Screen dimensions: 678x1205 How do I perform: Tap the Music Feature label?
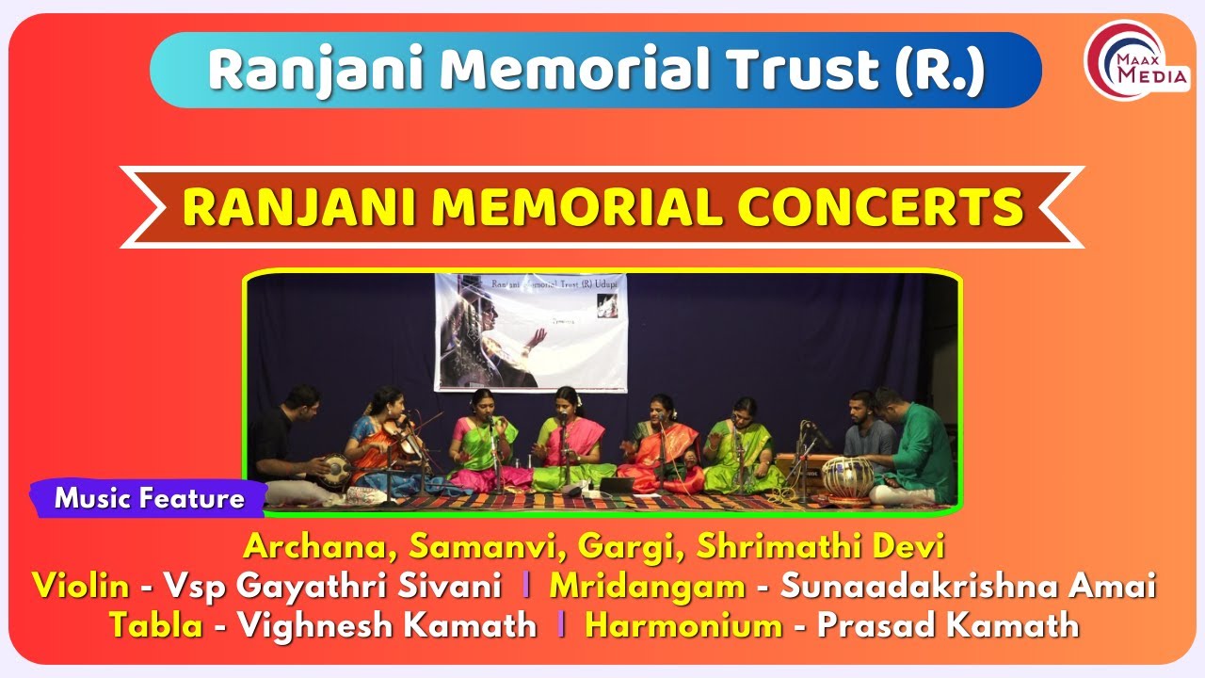pos(150,498)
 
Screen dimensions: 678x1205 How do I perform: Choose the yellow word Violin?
pos(81,586)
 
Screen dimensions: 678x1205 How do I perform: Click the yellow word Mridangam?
pos(648,586)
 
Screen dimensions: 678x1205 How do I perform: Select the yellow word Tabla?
pos(155,624)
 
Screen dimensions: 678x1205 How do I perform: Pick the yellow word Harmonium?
pos(683,624)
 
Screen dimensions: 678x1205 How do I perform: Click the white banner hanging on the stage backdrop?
pos(530,331)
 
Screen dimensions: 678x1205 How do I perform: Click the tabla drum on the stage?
pos(846,476)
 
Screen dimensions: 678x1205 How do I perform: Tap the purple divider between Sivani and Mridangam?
pos(525,586)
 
